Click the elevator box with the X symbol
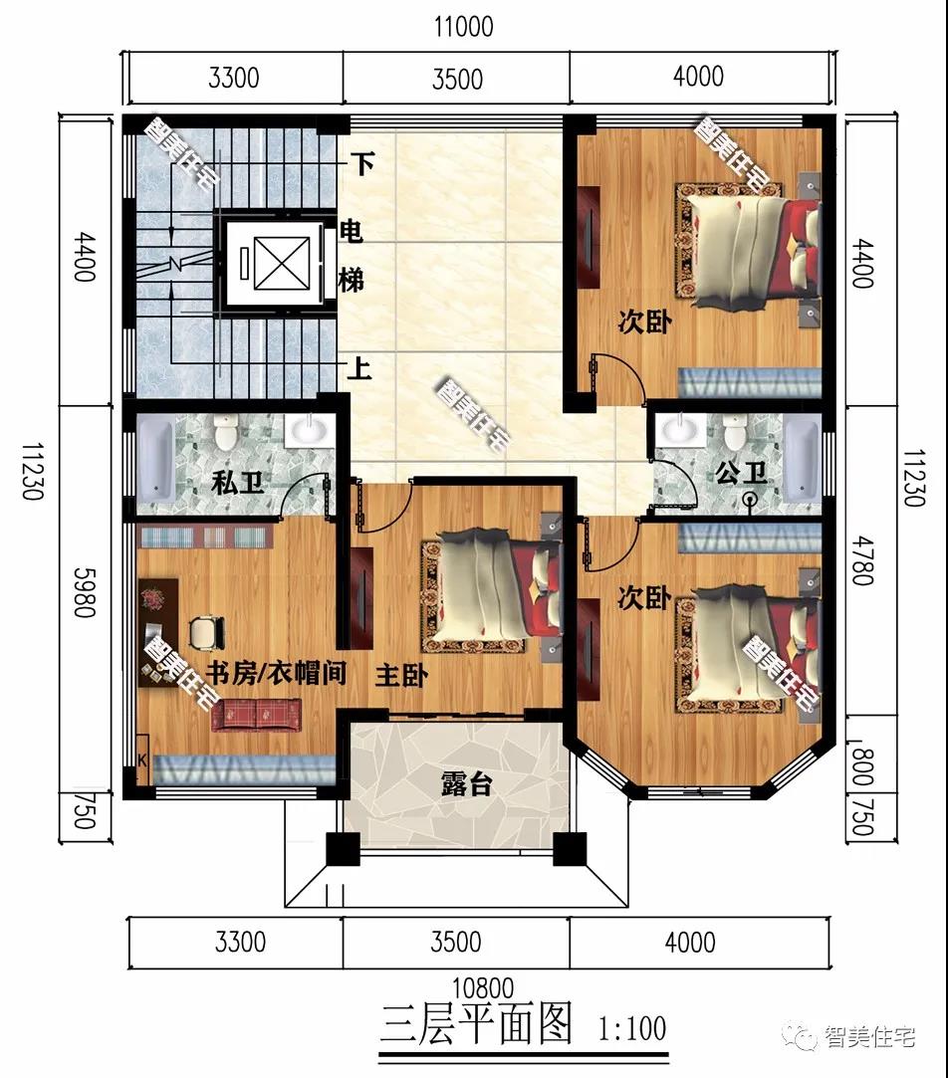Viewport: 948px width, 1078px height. (282, 263)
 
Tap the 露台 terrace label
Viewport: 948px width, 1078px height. (466, 783)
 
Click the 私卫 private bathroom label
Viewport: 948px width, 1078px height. (238, 483)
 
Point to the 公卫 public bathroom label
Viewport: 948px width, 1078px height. (742, 473)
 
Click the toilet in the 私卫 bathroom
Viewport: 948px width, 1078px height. (226, 431)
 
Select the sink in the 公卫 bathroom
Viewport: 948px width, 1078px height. (681, 429)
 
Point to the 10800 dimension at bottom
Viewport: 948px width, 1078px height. (483, 987)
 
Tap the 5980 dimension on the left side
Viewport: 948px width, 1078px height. (85, 592)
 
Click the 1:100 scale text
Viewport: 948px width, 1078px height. (632, 1029)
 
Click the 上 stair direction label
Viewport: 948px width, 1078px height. (359, 369)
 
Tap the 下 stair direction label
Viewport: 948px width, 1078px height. (362, 164)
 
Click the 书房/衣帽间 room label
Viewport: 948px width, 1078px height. (277, 673)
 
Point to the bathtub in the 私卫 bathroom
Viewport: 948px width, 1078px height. (155, 459)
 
